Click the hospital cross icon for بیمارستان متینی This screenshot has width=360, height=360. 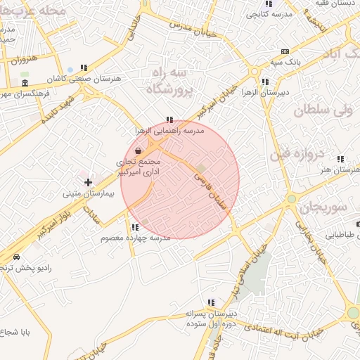[88, 182]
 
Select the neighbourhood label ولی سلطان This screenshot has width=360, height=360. [321, 110]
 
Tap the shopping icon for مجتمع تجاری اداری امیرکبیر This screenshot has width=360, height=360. [139, 150]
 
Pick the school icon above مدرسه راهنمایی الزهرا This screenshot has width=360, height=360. [169, 120]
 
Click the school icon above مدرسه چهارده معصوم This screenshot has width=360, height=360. [134, 227]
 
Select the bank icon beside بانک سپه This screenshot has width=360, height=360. [284, 51]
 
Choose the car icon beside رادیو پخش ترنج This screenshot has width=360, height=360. [16, 257]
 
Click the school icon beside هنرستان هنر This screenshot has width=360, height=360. [340, 160]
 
